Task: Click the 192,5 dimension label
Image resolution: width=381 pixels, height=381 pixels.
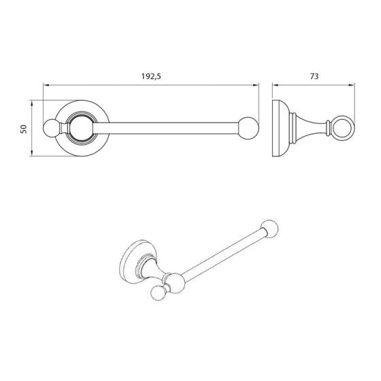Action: [151, 76]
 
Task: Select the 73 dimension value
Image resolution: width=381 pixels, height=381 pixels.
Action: [314, 76]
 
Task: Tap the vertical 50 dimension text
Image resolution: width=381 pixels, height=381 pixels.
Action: [24, 129]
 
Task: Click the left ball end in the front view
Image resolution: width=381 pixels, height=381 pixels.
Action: [50, 129]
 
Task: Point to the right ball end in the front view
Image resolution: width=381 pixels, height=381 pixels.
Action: [248, 128]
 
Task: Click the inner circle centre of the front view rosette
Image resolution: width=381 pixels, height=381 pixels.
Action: [81, 128]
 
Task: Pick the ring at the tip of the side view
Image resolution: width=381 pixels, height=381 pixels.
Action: [343, 128]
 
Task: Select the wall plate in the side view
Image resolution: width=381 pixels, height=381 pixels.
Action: [280, 128]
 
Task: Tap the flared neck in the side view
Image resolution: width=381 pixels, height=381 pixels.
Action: [311, 128]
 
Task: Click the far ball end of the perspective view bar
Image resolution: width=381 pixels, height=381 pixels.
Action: [269, 229]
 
